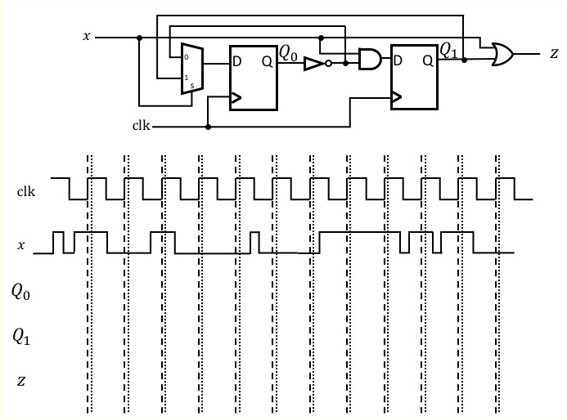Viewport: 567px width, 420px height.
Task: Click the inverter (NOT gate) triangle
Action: coord(315,63)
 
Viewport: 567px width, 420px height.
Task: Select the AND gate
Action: coord(370,59)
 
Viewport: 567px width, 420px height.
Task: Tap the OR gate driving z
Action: coord(501,54)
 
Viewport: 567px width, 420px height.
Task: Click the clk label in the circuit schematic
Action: coord(141,127)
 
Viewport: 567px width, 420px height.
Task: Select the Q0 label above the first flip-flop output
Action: coord(289,52)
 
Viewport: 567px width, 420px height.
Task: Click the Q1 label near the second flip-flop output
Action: coord(449,51)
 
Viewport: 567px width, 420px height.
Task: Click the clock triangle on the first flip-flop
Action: coord(236,99)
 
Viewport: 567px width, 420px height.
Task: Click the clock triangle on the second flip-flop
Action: coord(397,99)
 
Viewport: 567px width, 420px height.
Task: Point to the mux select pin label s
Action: coord(192,86)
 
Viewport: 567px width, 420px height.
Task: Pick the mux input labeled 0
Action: coord(186,56)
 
